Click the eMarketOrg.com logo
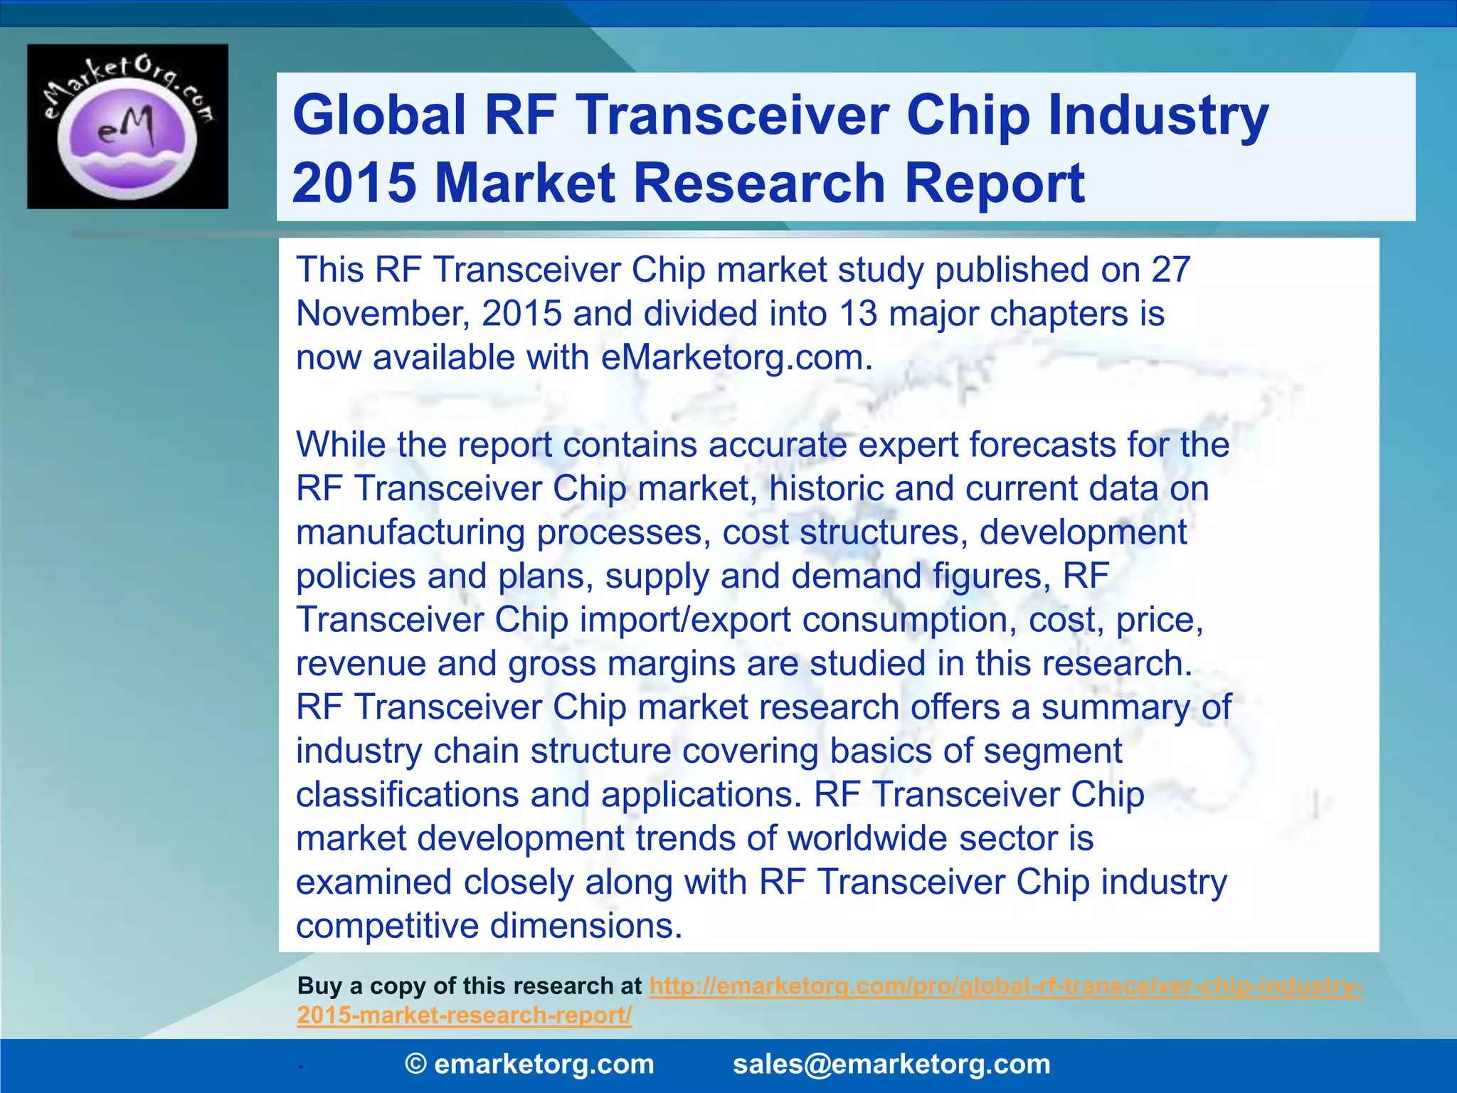point(128,127)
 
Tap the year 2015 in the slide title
point(354,183)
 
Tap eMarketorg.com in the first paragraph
point(736,357)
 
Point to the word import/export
point(685,620)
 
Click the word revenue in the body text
point(361,664)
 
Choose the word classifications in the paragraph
point(407,795)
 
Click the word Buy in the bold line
point(319,986)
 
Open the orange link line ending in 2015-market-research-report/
point(464,1015)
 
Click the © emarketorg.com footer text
point(529,1065)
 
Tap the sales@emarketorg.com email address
point(891,1065)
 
